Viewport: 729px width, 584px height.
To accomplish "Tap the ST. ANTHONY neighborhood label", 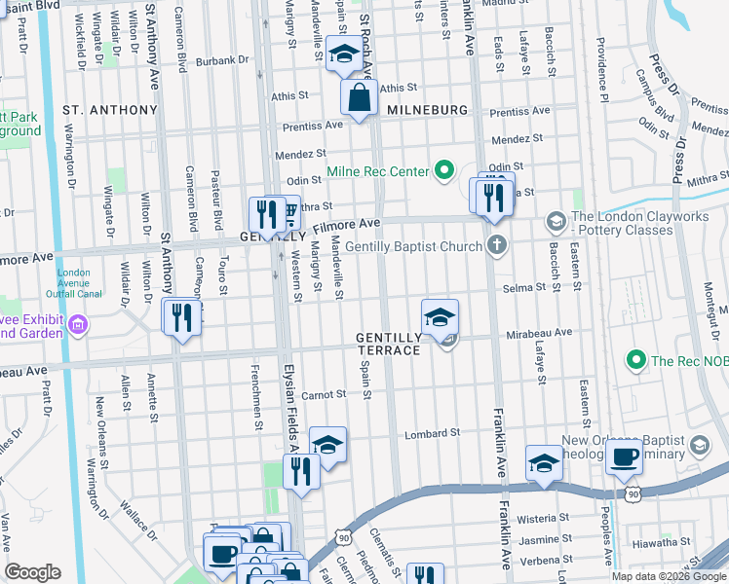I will pyautogui.click(x=109, y=110).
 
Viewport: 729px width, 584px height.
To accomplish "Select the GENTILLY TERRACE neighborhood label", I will pyautogui.click(x=389, y=343).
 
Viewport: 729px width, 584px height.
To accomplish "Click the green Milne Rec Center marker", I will pyautogui.click(x=445, y=172).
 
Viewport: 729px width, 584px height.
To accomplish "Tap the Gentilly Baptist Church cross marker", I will pyautogui.click(x=497, y=245).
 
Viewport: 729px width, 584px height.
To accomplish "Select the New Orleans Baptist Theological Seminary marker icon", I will pyautogui.click(x=699, y=447).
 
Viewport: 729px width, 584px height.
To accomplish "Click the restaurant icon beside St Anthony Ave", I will pyautogui.click(x=181, y=316).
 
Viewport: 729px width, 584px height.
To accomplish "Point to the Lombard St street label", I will pyautogui.click(x=433, y=433).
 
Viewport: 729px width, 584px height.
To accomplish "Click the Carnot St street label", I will pyautogui.click(x=324, y=394).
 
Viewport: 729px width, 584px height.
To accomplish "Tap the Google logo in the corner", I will pyautogui.click(x=33, y=572).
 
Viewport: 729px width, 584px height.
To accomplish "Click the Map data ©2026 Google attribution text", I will pyautogui.click(x=668, y=576).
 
